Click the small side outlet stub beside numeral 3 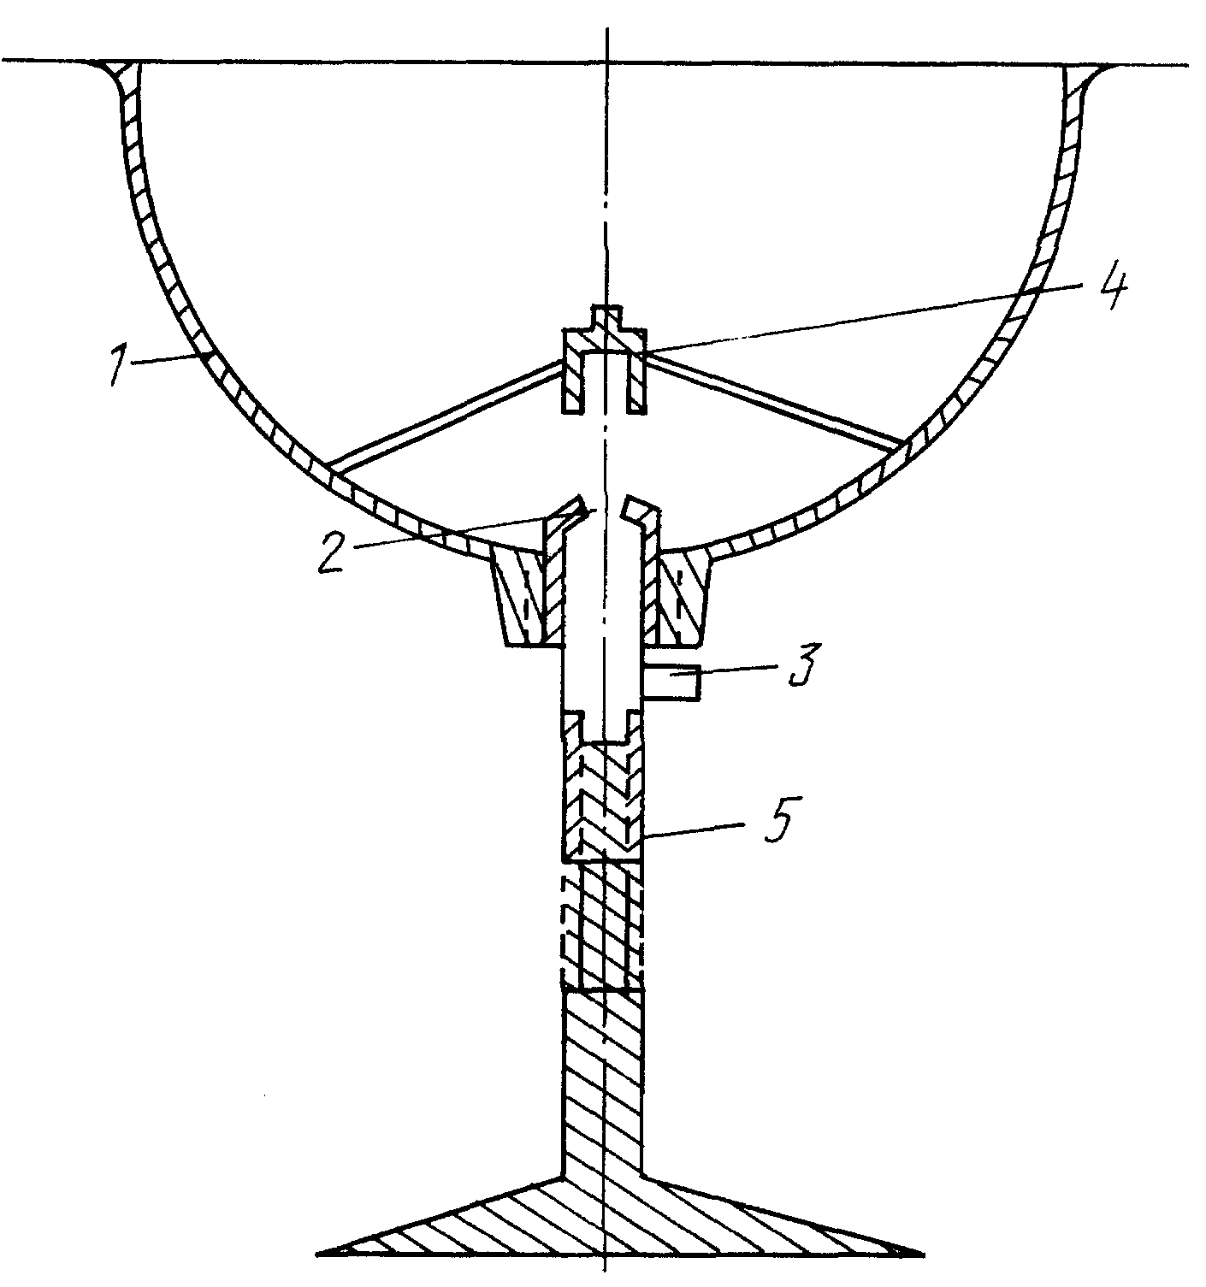[x=672, y=683]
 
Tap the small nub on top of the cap [x=605, y=318]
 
